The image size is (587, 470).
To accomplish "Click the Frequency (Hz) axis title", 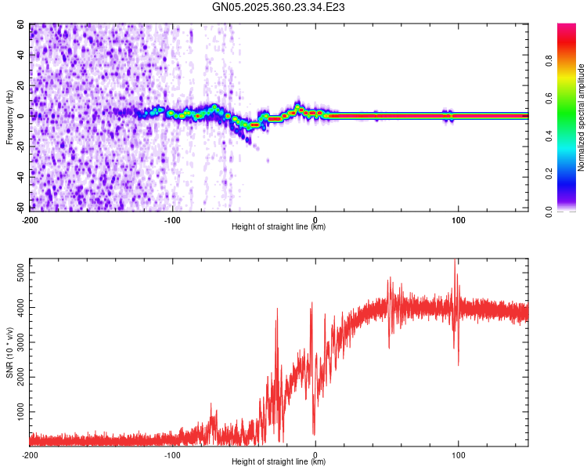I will pyautogui.click(x=9, y=116).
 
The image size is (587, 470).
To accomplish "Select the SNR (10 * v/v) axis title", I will pyautogui.click(x=9, y=351).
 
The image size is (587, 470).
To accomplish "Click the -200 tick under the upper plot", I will pyautogui.click(x=30, y=220).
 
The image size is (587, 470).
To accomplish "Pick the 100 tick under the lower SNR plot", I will pyautogui.click(x=459, y=454).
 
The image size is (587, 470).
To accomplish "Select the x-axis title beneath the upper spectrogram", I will pyautogui.click(x=279, y=227).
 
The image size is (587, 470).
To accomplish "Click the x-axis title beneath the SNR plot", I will pyautogui.click(x=279, y=462).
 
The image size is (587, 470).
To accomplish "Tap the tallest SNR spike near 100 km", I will pyautogui.click(x=455, y=262).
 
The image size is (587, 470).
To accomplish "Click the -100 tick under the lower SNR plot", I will pyautogui.click(x=173, y=454).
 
